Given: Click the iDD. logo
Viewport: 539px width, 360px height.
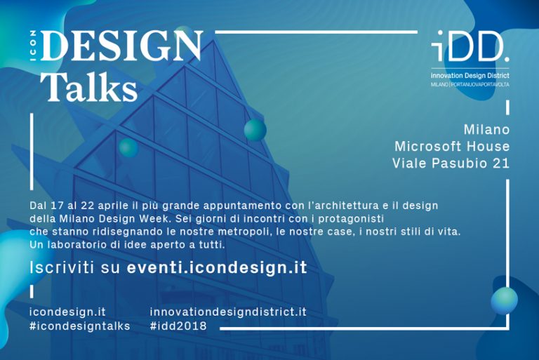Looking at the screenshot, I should [x=470, y=47].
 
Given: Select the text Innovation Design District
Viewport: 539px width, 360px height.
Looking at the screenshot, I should [x=470, y=75].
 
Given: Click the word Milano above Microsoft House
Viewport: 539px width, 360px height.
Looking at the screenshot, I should [x=486, y=130].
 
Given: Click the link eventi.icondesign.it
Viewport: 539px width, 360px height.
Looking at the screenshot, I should [x=217, y=267].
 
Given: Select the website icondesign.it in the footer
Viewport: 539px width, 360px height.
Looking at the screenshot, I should [x=67, y=312].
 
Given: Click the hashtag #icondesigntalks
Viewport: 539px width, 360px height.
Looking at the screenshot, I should [x=79, y=326].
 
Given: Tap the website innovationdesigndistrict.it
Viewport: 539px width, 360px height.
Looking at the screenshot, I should [x=228, y=312].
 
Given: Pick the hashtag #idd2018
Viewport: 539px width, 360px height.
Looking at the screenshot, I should [x=178, y=326].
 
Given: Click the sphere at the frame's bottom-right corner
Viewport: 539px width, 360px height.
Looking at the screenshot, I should [x=504, y=300].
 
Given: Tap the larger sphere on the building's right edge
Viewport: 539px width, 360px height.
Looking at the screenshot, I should [x=255, y=130].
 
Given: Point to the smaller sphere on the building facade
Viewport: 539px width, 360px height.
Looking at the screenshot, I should [x=128, y=147].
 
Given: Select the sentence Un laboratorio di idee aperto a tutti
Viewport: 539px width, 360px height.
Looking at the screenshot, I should [x=127, y=244].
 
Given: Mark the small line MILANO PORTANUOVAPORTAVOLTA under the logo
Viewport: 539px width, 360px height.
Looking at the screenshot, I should [x=470, y=84].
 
